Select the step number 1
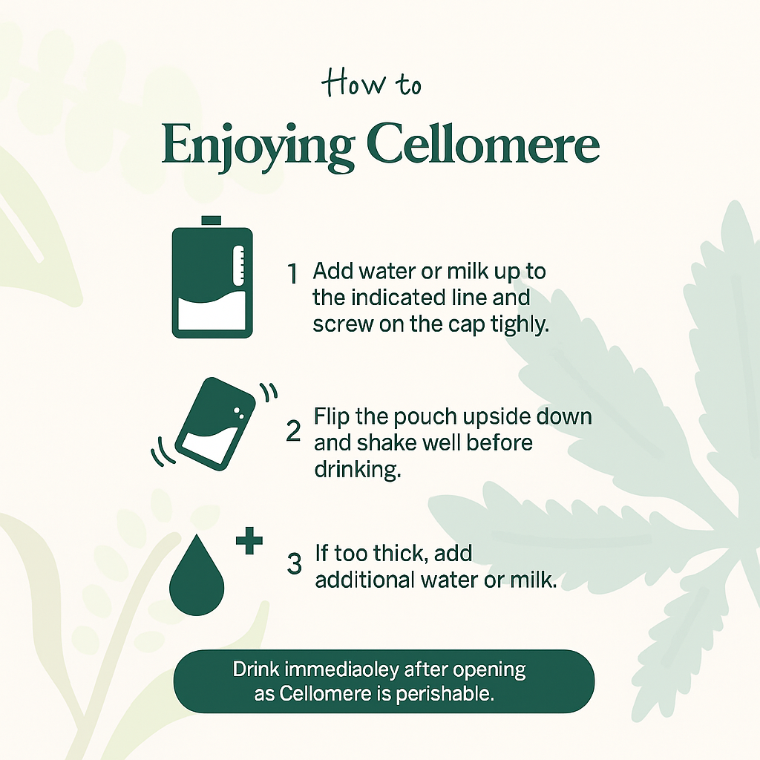292,274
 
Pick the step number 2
293,430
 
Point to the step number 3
294,563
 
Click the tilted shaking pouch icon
214,424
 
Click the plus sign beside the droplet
249,543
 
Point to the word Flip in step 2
332,416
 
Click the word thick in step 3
405,554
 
